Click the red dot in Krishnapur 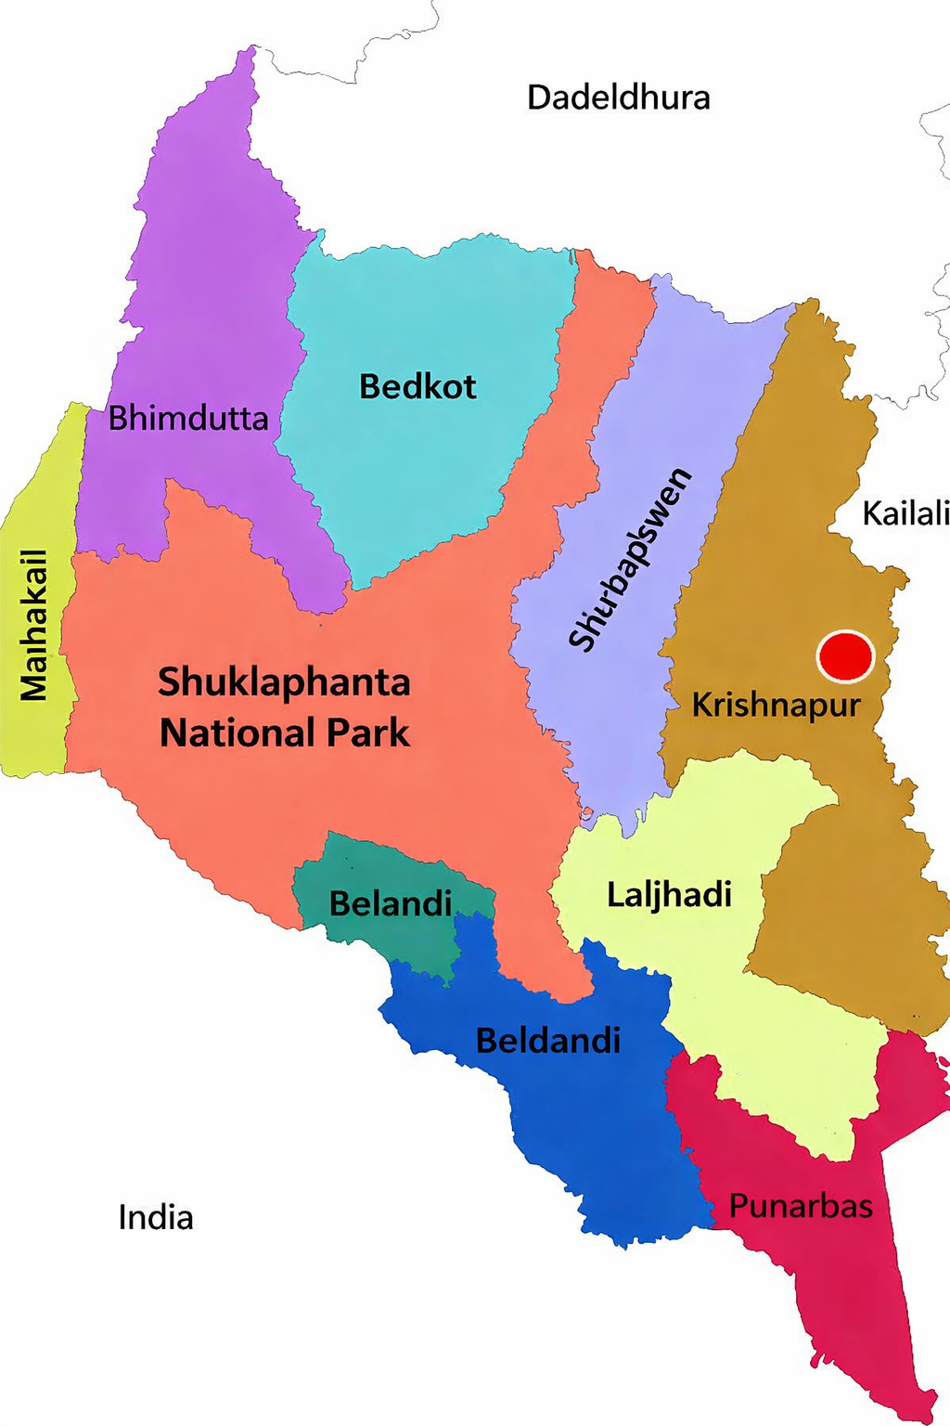(845, 655)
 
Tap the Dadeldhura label (618, 97)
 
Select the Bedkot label (417, 386)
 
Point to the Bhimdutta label (188, 419)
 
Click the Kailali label (905, 512)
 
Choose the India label (156, 1217)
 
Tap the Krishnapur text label (776, 706)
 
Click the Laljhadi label (669, 895)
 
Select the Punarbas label (801, 1206)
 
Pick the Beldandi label (547, 1041)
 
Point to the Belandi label (391, 903)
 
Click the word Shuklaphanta (284, 682)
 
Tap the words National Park (284, 733)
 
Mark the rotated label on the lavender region (630, 560)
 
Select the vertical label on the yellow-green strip (34, 624)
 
